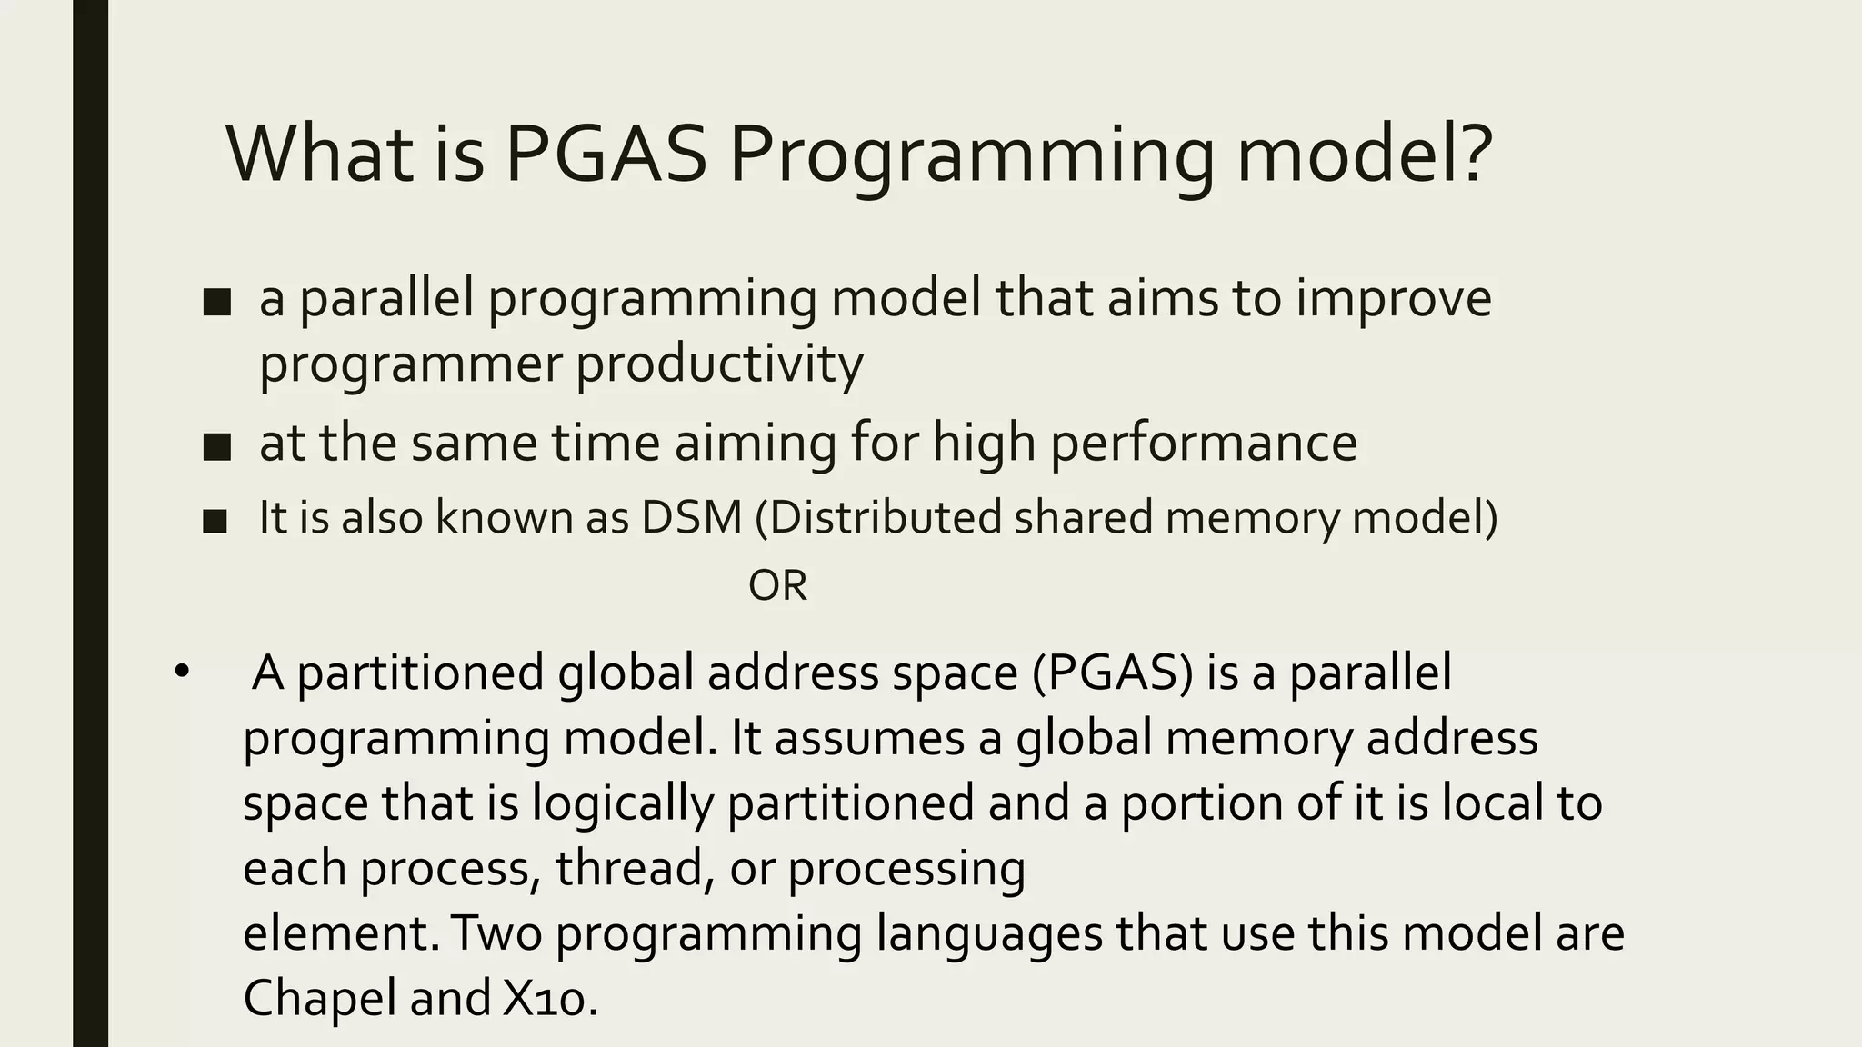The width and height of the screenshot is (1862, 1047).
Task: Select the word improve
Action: click(1393, 300)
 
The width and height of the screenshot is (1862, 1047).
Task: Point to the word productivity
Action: click(719, 365)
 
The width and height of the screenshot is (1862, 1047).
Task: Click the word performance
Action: click(1204, 444)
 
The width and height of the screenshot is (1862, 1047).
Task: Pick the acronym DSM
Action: click(692, 517)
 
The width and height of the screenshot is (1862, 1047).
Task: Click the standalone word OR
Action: click(777, 586)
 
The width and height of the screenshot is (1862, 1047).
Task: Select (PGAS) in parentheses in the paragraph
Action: click(1112, 673)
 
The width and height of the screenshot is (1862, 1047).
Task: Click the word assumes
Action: click(869, 738)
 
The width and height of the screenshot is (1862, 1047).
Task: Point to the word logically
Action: click(622, 803)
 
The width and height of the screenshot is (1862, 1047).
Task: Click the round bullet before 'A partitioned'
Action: click(182, 673)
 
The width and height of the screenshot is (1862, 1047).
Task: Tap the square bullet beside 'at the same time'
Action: click(217, 446)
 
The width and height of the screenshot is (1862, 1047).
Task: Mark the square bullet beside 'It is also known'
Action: click(215, 521)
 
